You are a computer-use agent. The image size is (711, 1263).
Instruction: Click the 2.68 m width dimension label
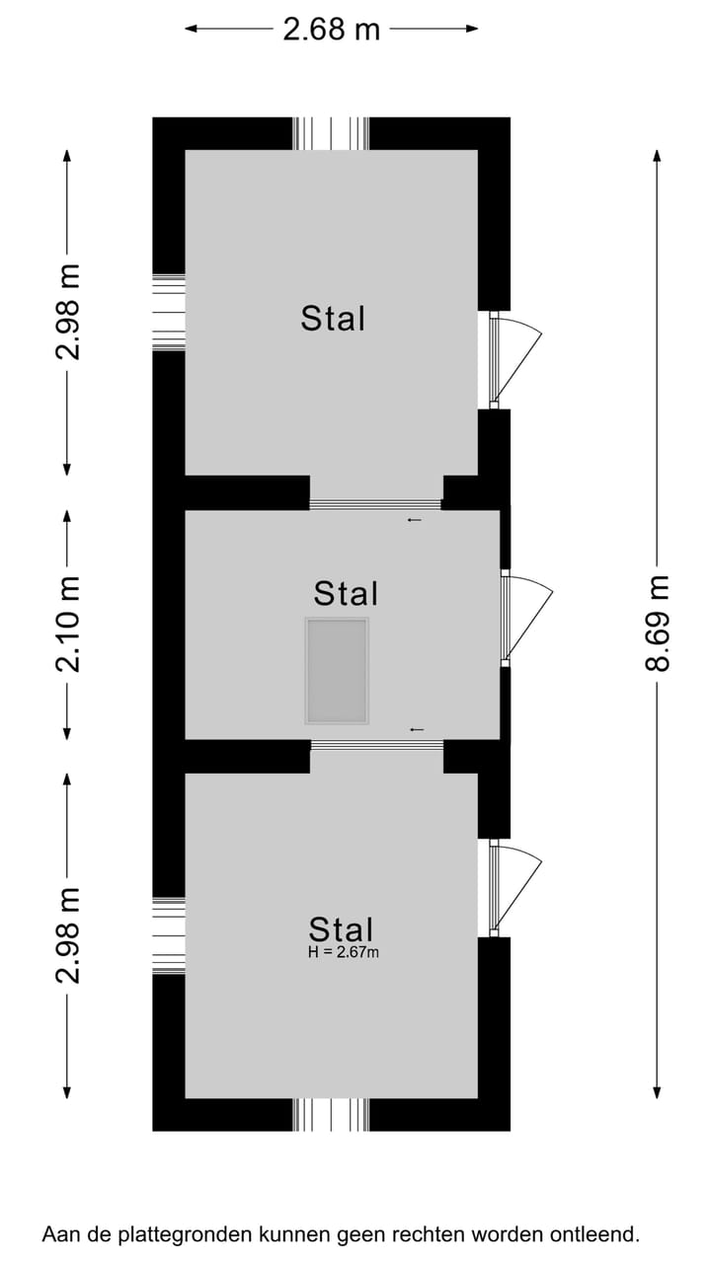[x=331, y=30]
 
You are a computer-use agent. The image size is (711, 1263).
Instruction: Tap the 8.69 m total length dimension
[x=658, y=623]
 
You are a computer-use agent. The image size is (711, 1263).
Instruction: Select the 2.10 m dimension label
[x=68, y=625]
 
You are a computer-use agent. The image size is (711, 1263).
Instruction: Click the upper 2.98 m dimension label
[x=68, y=312]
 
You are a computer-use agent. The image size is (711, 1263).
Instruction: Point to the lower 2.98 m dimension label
[x=68, y=935]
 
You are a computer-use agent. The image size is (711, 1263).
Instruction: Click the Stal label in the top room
[x=333, y=318]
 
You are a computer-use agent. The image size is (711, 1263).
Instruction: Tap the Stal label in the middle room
[x=346, y=593]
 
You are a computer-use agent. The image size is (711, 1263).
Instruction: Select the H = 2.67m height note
[x=343, y=952]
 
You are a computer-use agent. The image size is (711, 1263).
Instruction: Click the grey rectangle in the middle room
[x=337, y=671]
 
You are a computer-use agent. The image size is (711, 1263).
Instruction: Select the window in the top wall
[x=331, y=133]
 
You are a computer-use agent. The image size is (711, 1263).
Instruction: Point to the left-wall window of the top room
[x=169, y=312]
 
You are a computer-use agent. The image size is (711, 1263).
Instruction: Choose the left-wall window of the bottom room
[x=169, y=935]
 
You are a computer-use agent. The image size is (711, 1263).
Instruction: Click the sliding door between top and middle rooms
[x=375, y=504]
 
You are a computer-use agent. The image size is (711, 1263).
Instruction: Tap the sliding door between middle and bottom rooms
[x=377, y=745]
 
